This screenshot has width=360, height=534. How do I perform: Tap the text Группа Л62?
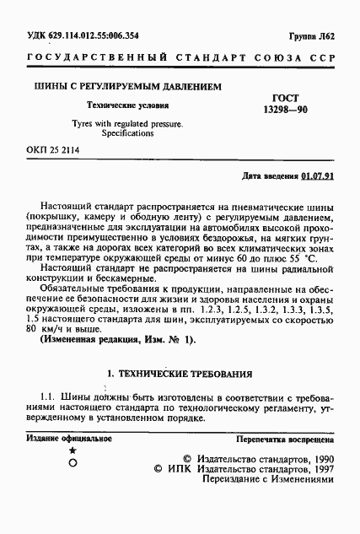coord(312,35)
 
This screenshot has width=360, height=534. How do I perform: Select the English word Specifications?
coord(128,133)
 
